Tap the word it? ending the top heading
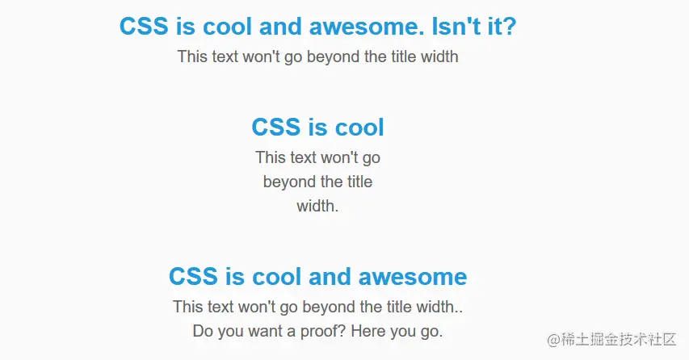pos(502,27)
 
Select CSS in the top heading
pos(144,27)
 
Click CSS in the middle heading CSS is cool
pos(276,128)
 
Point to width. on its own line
pos(317,206)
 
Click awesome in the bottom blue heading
pos(413,277)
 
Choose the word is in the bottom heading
pos(234,277)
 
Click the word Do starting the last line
pos(203,331)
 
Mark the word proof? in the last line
pos(323,332)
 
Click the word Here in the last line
pos(368,331)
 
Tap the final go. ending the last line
pos(431,332)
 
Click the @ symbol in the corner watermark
pos(553,340)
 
